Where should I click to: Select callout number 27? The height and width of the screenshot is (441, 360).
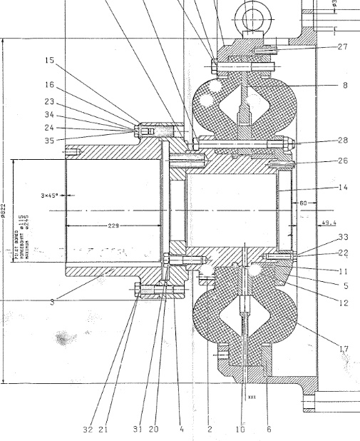pyautogui.click(x=343, y=46)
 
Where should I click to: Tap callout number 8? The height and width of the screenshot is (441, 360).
pyautogui.click(x=345, y=86)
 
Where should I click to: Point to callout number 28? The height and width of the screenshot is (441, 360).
pyautogui.click(x=343, y=140)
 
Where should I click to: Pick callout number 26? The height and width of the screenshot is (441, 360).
pyautogui.click(x=343, y=161)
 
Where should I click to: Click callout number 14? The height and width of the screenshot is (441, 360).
pyautogui.click(x=343, y=188)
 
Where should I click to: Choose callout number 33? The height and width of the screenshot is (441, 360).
pyautogui.click(x=343, y=236)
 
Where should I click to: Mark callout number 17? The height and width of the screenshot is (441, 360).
pyautogui.click(x=343, y=349)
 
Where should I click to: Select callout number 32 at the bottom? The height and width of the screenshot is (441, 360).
pyautogui.click(x=88, y=430)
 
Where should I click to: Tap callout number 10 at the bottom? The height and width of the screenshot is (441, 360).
pyautogui.click(x=241, y=430)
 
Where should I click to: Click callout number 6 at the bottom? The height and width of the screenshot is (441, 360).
pyautogui.click(x=269, y=430)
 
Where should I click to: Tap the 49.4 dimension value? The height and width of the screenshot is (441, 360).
pyautogui.click(x=329, y=223)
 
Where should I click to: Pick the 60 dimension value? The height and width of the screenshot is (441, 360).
pyautogui.click(x=303, y=203)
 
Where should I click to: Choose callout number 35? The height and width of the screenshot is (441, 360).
pyautogui.click(x=49, y=141)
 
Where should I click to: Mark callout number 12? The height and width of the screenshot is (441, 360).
pyautogui.click(x=343, y=303)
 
